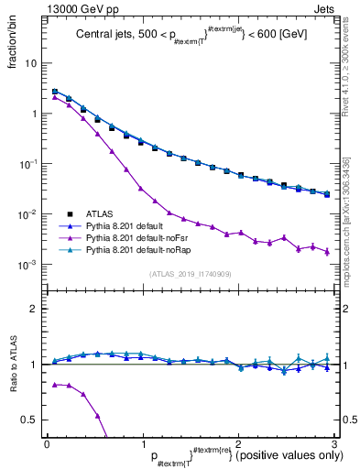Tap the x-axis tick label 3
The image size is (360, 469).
point(334,443)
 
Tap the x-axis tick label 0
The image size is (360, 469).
point(47,443)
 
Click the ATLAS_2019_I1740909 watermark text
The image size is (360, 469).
point(191,273)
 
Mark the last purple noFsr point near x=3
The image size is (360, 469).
point(327,251)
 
